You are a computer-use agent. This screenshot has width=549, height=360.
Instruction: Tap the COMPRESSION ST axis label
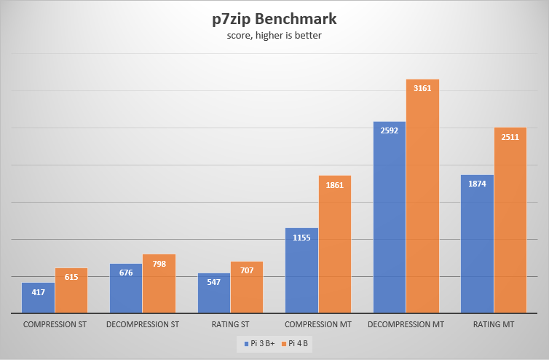tap(55, 324)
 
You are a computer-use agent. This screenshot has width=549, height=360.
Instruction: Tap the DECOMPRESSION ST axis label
tap(143, 324)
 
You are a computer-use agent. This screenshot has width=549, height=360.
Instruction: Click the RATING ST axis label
tap(231, 324)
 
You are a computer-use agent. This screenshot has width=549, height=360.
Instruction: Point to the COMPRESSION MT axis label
tap(318, 324)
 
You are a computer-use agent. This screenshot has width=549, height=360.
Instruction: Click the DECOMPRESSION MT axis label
tap(406, 324)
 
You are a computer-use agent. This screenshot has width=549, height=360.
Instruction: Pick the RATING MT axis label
tap(494, 324)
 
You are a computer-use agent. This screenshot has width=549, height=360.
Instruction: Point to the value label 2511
tap(510, 136)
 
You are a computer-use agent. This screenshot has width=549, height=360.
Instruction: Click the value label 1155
tap(301, 237)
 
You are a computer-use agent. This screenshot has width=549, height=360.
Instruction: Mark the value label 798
tap(159, 263)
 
